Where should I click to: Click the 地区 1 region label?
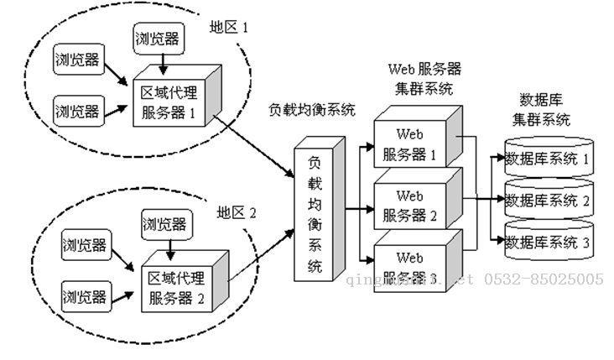coord(229,27)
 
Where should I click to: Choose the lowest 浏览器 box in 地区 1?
coord(77,110)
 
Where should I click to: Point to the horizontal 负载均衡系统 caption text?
coord(312,110)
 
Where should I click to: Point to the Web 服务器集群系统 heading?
coord(424,77)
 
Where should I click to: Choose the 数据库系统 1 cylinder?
coord(548,157)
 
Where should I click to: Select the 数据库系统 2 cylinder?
coord(548,200)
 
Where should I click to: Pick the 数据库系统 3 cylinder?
coord(548,242)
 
